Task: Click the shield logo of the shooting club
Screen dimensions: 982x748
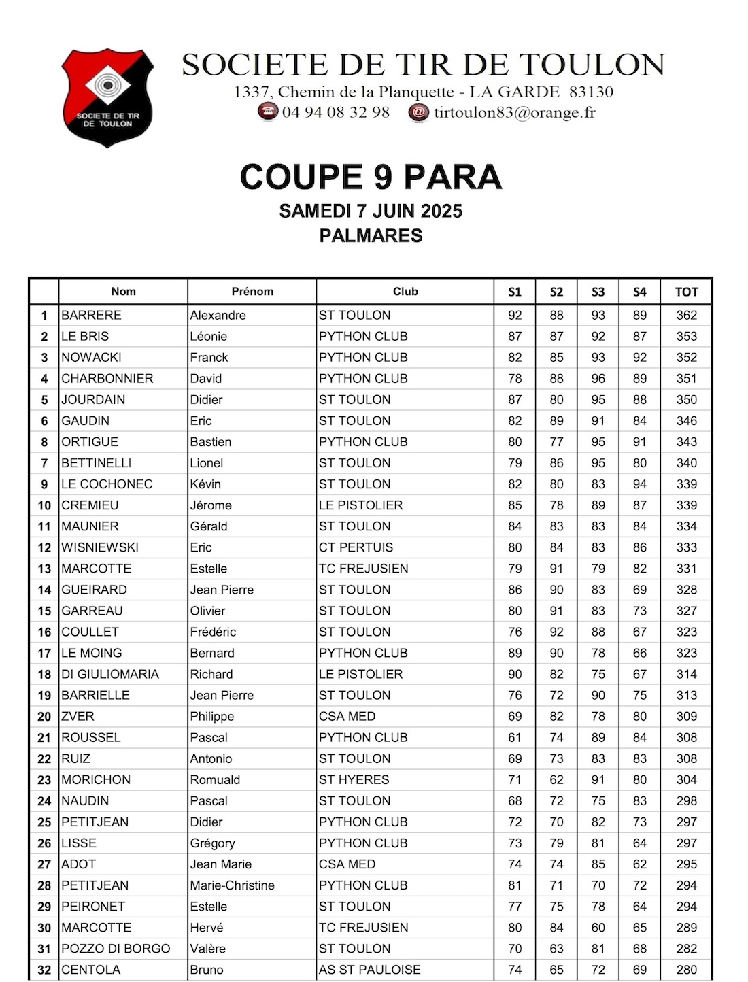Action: [107, 97]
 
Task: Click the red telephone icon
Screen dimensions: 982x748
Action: [267, 112]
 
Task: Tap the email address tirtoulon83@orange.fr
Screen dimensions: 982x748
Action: [514, 112]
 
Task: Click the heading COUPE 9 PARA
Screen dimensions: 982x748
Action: [371, 177]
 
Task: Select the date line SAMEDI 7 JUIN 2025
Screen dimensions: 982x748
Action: [371, 211]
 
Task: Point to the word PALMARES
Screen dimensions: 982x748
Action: [371, 236]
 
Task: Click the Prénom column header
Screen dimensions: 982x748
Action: [252, 291]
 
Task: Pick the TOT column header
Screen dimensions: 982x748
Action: [686, 292]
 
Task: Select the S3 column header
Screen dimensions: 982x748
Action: [598, 292]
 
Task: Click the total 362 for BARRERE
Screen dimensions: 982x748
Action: [686, 315]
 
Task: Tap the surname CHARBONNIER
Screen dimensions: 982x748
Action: [107, 378]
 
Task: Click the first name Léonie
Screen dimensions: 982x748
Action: [209, 336]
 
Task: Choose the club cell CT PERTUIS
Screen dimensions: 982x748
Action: [356, 547]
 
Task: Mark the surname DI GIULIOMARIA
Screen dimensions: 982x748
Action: [110, 674]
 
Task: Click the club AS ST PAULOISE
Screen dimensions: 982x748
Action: [369, 970]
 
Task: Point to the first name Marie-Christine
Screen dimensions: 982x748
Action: [232, 885]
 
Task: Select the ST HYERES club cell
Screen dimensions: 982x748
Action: [354, 779]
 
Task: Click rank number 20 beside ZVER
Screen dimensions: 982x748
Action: [44, 716]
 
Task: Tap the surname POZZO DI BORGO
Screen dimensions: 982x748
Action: [116, 949]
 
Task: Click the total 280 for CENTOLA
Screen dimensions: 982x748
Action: [686, 970]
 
